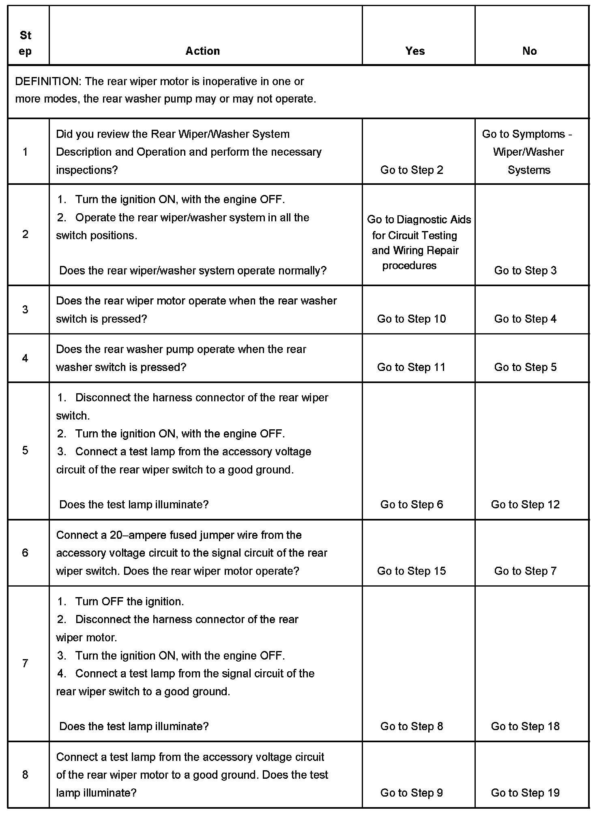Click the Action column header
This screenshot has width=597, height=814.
[202, 51]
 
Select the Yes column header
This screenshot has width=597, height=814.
[415, 51]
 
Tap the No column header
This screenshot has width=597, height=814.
[529, 51]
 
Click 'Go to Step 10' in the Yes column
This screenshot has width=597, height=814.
[411, 319]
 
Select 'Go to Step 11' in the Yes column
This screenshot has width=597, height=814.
[411, 367]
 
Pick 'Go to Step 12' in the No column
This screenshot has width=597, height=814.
[525, 505]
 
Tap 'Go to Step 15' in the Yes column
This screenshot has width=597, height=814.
[411, 571]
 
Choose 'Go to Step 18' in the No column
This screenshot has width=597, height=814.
[525, 726]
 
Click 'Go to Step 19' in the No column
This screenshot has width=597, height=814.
[525, 793]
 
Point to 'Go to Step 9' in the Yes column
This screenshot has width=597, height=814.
[411, 793]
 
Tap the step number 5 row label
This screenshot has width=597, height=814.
[25, 450]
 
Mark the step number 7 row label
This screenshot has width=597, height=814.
[25, 664]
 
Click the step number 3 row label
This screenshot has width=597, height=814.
[25, 310]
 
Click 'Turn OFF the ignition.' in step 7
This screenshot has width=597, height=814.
[129, 602]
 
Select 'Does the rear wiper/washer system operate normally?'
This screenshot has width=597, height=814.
[193, 271]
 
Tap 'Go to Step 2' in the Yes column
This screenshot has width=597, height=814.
[411, 170]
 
